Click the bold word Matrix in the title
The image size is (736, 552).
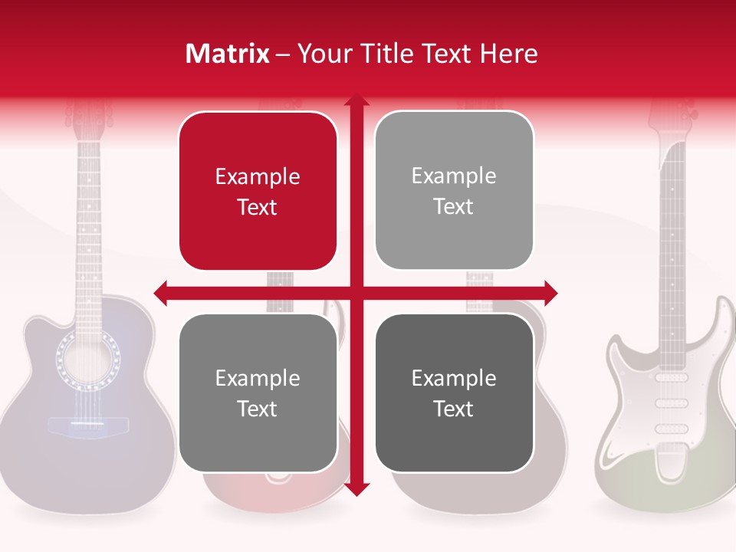(228, 54)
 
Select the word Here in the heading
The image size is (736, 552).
(509, 54)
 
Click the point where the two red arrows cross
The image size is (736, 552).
(356, 292)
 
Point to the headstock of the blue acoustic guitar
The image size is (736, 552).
(88, 115)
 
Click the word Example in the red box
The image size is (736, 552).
(258, 177)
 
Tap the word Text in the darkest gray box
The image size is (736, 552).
(454, 409)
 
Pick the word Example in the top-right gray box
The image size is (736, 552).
(454, 176)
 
